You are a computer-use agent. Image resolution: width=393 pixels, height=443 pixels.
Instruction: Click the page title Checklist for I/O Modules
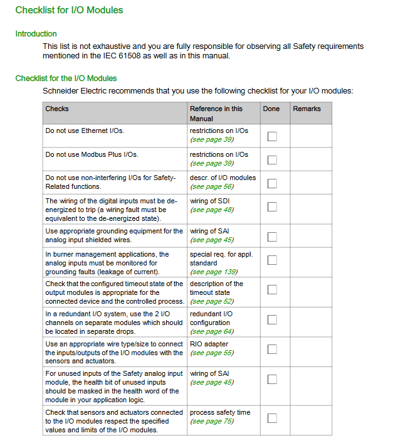[69, 10]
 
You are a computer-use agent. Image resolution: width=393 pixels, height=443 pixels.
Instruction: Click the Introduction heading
[36, 34]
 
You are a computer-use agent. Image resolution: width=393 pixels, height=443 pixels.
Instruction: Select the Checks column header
[57, 109]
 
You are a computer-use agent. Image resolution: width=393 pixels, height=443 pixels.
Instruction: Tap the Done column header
[271, 109]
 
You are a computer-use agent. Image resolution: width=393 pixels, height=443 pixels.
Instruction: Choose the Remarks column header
[307, 109]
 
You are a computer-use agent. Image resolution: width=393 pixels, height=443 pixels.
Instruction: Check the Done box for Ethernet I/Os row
[272, 136]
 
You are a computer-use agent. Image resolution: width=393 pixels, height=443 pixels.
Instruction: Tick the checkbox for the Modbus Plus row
[272, 159]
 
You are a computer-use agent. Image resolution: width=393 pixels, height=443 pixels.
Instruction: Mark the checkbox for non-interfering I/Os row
[272, 183]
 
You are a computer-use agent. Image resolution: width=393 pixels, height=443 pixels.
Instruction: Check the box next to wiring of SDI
[272, 206]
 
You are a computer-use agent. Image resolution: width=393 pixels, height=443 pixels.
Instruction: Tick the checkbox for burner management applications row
[272, 260]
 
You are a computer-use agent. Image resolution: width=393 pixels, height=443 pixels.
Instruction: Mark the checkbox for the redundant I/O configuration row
[272, 319]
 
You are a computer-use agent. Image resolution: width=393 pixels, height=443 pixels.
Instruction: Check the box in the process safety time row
[272, 418]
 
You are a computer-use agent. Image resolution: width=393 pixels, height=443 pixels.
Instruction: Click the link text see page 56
[212, 187]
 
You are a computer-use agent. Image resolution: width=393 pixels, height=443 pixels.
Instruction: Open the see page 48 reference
[212, 210]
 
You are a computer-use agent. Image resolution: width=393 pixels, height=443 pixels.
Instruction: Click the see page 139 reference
[214, 272]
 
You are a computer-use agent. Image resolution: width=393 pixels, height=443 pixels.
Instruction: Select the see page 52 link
[212, 301]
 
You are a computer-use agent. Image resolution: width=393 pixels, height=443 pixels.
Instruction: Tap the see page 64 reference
[212, 331]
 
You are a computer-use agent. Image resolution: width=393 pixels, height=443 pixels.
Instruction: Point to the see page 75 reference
[212, 421]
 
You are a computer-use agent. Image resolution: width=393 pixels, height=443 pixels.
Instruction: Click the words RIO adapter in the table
[209, 344]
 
